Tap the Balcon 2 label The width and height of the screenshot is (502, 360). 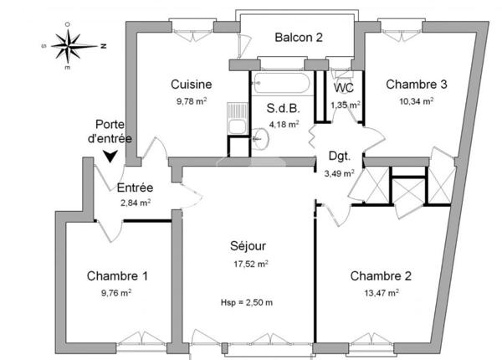click(x=300, y=37)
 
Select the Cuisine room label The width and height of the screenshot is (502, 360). click(x=191, y=85)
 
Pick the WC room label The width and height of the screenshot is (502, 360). click(x=343, y=88)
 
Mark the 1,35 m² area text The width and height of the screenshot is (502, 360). click(x=345, y=105)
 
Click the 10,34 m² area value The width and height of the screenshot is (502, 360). click(x=416, y=101)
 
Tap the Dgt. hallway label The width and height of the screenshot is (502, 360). click(x=338, y=156)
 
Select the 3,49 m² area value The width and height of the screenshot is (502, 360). click(x=339, y=173)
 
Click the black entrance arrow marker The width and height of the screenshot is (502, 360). click(x=110, y=156)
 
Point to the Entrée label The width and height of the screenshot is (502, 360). click(x=134, y=188)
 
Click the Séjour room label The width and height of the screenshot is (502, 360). click(x=248, y=246)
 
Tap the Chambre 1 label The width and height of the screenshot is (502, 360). click(x=117, y=275)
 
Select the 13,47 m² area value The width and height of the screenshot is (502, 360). click(x=381, y=292)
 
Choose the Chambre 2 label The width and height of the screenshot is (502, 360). click(x=381, y=276)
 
